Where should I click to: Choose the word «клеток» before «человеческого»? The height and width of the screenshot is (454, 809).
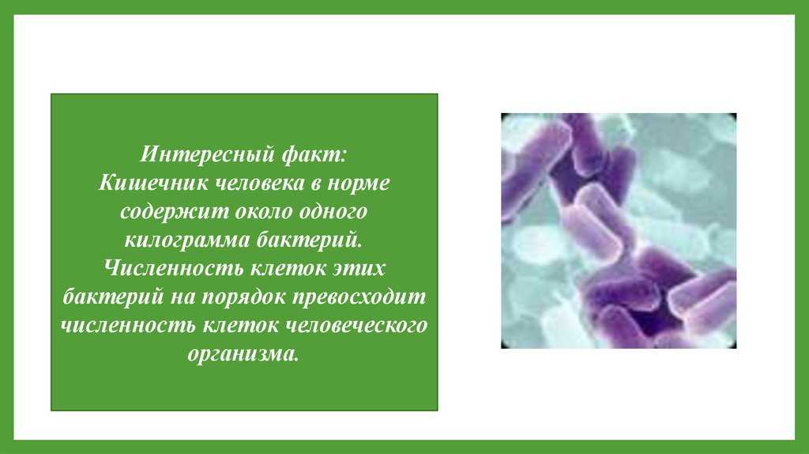point(241,326)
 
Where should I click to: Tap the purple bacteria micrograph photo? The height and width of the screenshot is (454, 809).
point(619,230)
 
